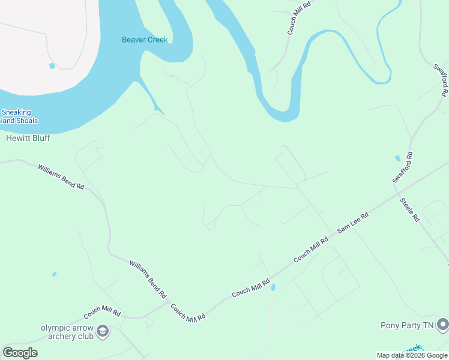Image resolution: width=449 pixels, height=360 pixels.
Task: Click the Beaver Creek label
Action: click(145, 40)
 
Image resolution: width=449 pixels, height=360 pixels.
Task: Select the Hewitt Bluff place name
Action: click(28, 138)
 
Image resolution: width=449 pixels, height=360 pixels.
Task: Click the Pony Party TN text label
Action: click(406, 326)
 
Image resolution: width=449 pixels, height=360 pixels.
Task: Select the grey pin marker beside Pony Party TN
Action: click(442, 325)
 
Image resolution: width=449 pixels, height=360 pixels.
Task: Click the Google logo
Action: click(20, 353)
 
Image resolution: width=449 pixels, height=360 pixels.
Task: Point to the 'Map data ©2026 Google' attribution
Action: click(412, 355)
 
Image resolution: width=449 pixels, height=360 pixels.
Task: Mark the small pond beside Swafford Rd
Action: click(397, 158)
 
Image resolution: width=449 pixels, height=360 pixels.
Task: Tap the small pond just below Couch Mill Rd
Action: click(273, 288)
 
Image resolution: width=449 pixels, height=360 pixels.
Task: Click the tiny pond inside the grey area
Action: click(52, 65)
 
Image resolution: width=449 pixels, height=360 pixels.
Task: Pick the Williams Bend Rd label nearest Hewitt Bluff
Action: click(61, 177)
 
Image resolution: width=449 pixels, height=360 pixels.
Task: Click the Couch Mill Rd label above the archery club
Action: click(102, 313)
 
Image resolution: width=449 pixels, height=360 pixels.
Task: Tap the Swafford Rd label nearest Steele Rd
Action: click(403, 168)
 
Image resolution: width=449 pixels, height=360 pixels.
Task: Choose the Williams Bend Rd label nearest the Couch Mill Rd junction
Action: click(148, 279)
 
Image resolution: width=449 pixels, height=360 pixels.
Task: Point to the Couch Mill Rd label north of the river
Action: click(298, 17)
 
